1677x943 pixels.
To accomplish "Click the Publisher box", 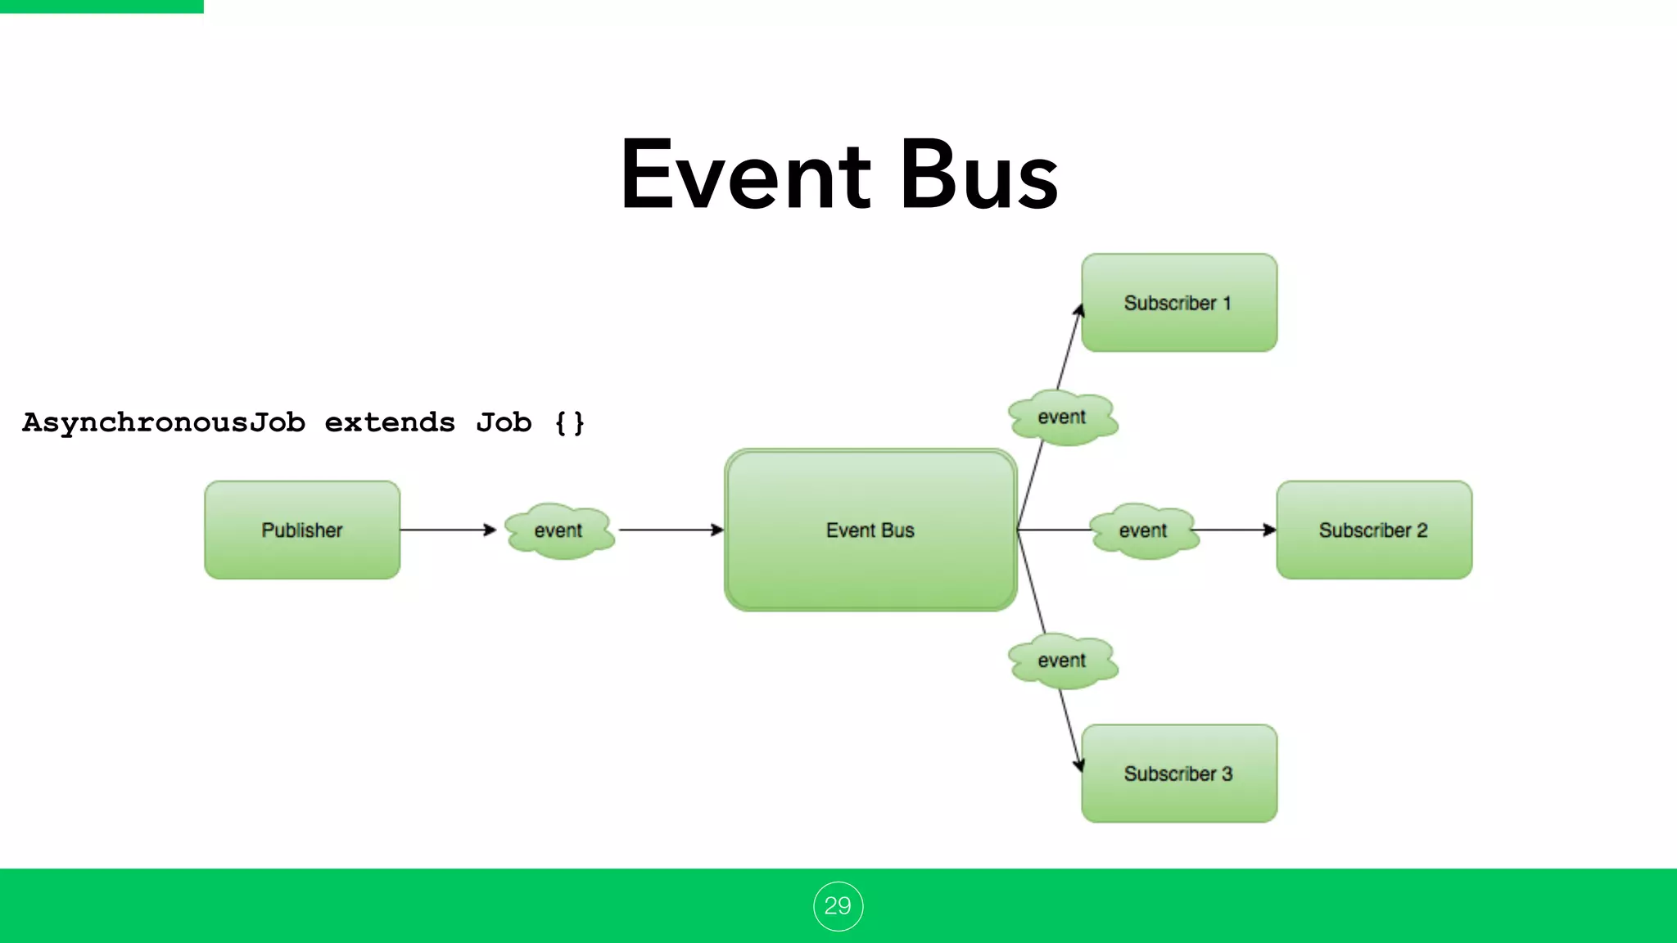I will [x=302, y=530].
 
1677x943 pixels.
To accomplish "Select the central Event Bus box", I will [x=870, y=530].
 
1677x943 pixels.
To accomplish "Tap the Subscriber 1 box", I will [x=1179, y=303].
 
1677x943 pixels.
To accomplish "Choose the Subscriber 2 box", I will [x=1374, y=530].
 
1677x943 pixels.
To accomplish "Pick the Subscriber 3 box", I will [x=1179, y=774].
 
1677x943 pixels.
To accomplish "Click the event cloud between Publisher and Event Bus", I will [x=559, y=530].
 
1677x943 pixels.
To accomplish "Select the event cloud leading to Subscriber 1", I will [x=1062, y=417].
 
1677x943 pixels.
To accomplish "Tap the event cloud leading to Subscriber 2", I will [x=1144, y=530].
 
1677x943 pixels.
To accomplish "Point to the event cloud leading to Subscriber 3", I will [x=1062, y=661].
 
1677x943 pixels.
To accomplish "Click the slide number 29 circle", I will [x=838, y=906].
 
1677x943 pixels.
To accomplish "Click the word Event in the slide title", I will [x=745, y=176].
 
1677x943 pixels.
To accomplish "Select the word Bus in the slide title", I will [x=979, y=176].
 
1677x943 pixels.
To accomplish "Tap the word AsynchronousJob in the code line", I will [x=164, y=423].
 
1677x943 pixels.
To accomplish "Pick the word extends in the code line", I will [x=390, y=423].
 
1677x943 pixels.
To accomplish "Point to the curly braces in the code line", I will [x=570, y=423].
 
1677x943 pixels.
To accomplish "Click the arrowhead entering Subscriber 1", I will [x=1079, y=311].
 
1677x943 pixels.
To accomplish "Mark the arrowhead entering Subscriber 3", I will [x=1078, y=765].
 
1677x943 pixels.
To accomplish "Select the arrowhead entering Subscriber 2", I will [x=1269, y=530].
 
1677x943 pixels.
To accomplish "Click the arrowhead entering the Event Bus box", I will [x=717, y=530].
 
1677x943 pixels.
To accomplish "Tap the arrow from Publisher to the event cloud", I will [x=446, y=530].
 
